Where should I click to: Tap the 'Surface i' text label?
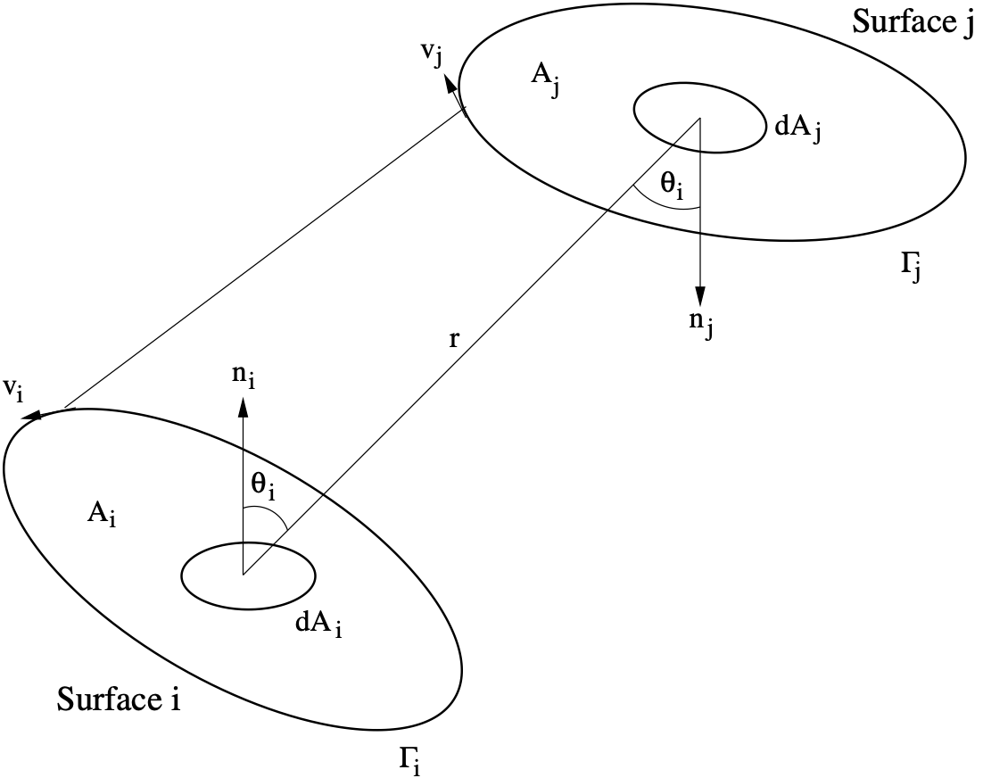[x=120, y=699]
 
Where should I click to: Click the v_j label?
[x=432, y=53]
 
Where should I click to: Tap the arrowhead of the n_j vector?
[x=700, y=298]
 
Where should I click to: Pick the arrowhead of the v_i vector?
[x=34, y=414]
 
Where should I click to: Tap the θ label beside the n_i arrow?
[x=265, y=487]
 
